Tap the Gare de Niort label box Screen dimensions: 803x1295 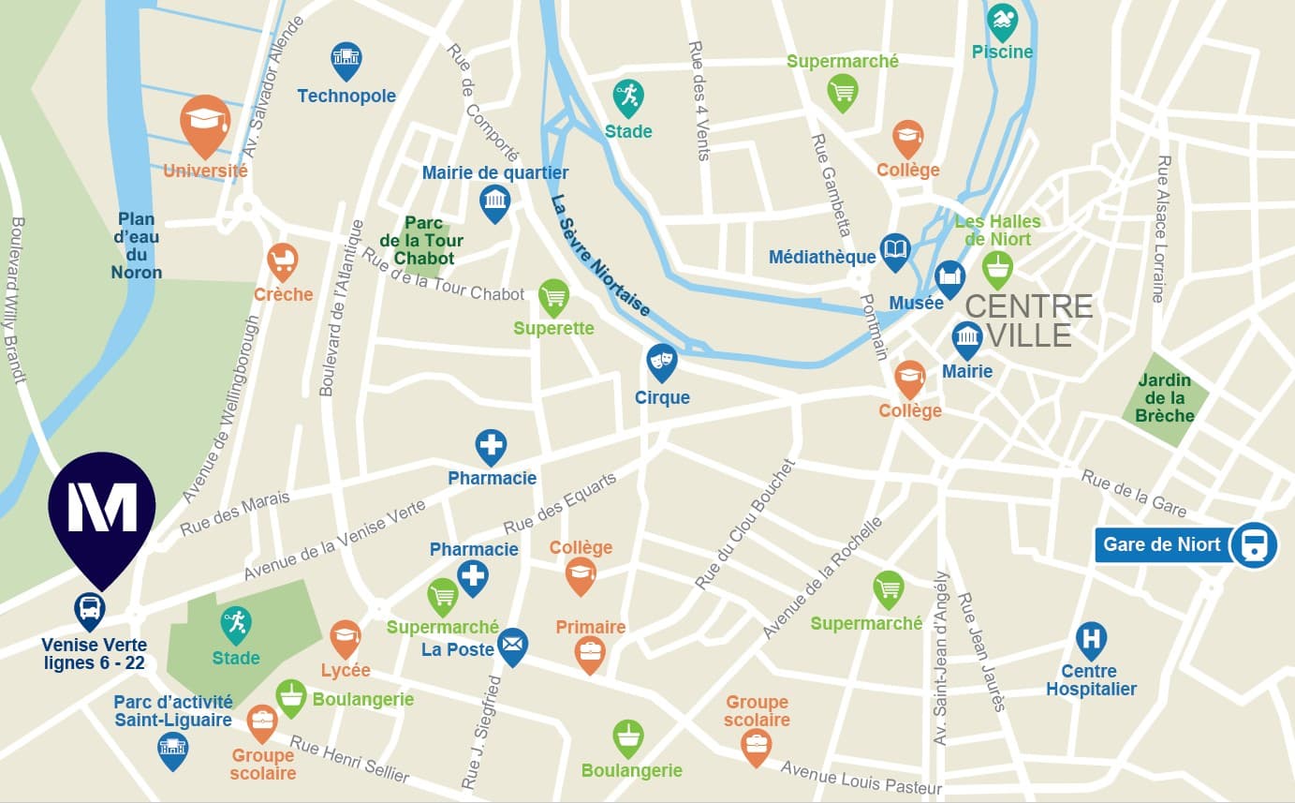[x=1161, y=544]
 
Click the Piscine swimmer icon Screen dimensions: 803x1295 [x=1002, y=21]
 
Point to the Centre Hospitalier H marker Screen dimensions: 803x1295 [x=1091, y=640]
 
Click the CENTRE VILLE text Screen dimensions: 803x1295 [x=1029, y=320]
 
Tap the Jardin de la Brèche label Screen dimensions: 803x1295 [x=1164, y=398]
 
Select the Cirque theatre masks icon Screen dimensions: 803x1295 [x=662, y=361]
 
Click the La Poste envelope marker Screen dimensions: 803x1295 [x=512, y=646]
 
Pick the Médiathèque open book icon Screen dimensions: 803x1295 [x=895, y=251]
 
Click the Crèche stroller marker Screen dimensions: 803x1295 [x=282, y=260]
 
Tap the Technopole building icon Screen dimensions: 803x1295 [x=346, y=59]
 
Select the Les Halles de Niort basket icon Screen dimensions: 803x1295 [x=997, y=268]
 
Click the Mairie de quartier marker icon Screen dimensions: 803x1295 [x=494, y=201]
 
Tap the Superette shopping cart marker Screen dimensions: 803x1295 [x=553, y=297]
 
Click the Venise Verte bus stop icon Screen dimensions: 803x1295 [x=90, y=610]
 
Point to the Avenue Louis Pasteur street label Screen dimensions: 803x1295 [x=861, y=778]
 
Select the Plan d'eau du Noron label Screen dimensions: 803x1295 [x=137, y=245]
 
